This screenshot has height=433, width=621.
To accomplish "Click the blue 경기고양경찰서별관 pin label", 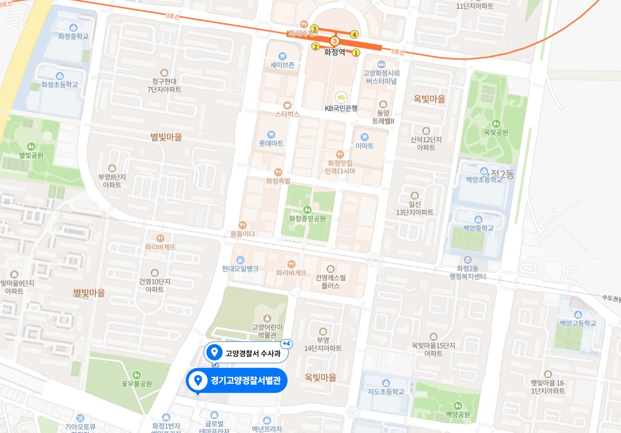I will (x=237, y=381).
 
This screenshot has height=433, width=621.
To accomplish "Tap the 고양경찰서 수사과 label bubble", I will (x=246, y=353).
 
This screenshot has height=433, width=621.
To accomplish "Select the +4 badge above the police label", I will (x=287, y=344).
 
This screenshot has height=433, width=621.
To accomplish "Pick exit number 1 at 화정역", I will (x=356, y=53).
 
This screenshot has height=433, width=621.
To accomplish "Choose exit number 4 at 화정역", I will (x=354, y=34).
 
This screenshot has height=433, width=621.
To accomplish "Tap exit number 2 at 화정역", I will (x=315, y=46).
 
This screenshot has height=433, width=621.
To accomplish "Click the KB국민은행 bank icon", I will (x=341, y=97).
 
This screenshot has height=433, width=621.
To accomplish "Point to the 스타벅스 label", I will (x=287, y=113).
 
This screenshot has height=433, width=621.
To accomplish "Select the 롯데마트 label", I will (x=271, y=144).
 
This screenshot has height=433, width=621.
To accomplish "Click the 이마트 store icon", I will (x=364, y=137).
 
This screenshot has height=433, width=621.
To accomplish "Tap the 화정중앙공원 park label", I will (x=307, y=218).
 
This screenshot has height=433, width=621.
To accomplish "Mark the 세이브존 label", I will (x=282, y=65).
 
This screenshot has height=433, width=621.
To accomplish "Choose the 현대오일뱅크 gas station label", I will (x=240, y=269).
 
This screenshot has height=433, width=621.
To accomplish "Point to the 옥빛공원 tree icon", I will (x=496, y=124).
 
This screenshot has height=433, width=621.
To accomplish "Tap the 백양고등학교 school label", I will (x=577, y=323).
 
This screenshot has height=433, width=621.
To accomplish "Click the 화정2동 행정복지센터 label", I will (x=468, y=272).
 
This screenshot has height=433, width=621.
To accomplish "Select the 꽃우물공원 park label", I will (x=137, y=384).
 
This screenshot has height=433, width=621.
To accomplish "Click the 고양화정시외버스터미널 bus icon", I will (x=381, y=64).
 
